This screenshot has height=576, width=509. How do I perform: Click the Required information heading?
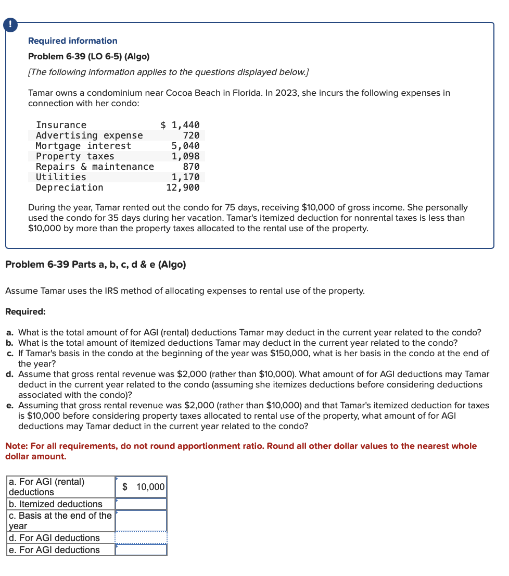pyautogui.click(x=72, y=41)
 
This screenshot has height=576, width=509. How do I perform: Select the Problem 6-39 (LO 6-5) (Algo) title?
pyautogui.click(x=88, y=56)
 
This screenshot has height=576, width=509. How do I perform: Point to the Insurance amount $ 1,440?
pyautogui.click(x=180, y=125)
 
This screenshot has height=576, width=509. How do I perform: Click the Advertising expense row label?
pyautogui.click(x=89, y=135)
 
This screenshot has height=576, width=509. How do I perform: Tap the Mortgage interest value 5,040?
pyautogui.click(x=186, y=146)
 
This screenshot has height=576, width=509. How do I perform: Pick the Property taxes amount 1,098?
pyautogui.click(x=186, y=156)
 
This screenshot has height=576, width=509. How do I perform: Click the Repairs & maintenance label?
pyautogui.click(x=95, y=167)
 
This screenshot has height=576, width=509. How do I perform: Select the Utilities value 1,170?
pyautogui.click(x=186, y=177)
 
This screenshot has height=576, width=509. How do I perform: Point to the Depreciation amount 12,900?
pyautogui.click(x=183, y=187)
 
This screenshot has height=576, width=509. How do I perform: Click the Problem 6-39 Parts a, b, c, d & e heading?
pyautogui.click(x=95, y=265)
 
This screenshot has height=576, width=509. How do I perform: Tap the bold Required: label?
pyautogui.click(x=26, y=311)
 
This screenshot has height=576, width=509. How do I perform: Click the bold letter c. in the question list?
pyautogui.click(x=10, y=353)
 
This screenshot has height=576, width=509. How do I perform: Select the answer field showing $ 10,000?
pyautogui.click(x=141, y=487)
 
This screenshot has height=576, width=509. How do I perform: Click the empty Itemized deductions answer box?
pyautogui.click(x=141, y=504)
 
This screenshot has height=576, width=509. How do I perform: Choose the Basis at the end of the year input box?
pyautogui.click(x=141, y=520)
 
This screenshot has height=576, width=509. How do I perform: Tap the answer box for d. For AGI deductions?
pyautogui.click(x=141, y=538)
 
